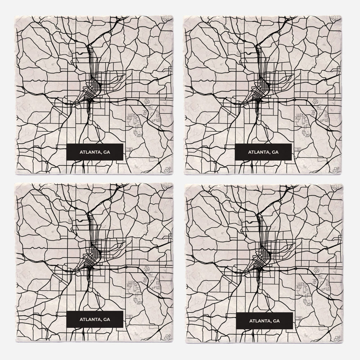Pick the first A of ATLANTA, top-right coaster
(249, 152)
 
